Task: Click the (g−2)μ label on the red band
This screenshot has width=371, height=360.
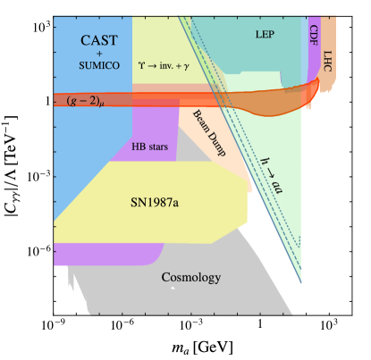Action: (86, 100)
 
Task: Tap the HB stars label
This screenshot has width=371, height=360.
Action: (149, 146)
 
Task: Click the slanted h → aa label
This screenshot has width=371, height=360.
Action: (272, 173)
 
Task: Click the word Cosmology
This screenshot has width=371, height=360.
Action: (190, 278)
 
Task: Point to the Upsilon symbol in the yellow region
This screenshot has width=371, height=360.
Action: (141, 65)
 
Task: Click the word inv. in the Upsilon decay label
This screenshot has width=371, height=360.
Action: (171, 65)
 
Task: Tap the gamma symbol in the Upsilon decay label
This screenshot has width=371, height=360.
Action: (198, 66)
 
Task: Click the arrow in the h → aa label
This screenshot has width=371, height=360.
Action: (271, 172)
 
